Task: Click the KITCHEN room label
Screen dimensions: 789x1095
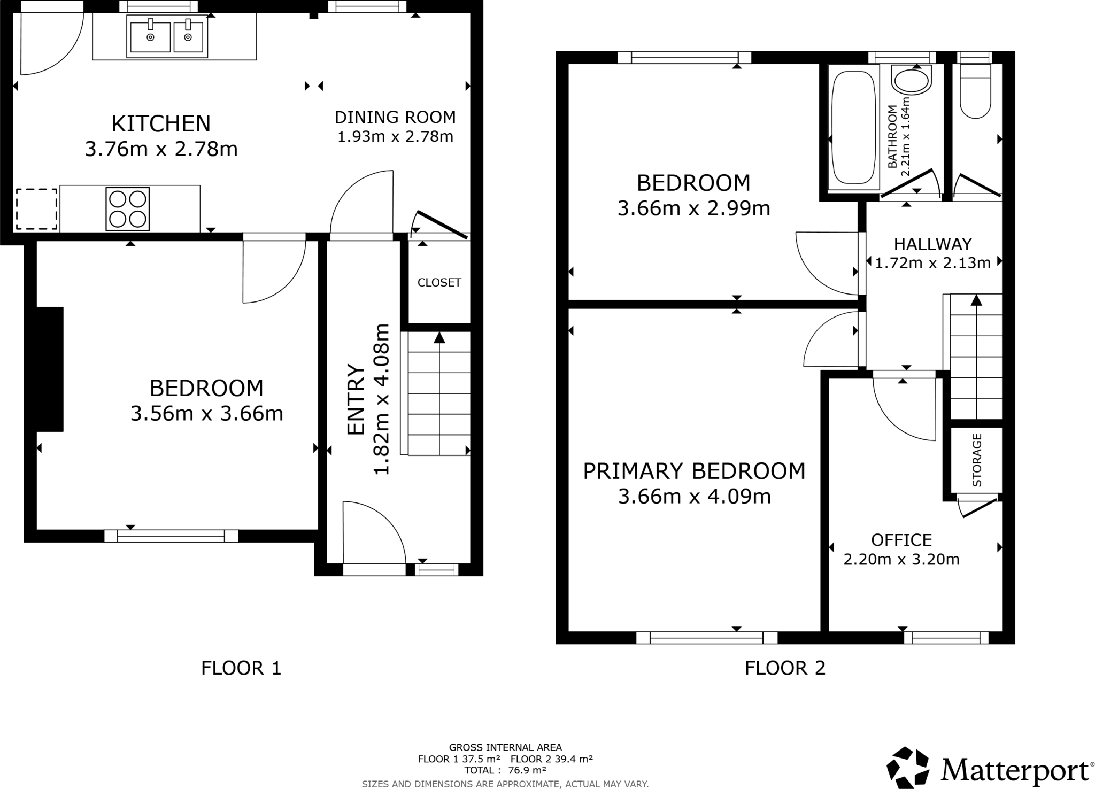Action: click(161, 123)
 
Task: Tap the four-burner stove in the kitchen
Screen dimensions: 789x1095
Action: click(127, 209)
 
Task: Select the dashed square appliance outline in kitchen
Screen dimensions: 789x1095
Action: click(36, 209)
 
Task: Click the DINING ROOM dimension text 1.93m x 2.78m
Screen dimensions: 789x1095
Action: click(395, 137)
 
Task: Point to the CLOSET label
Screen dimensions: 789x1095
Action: click(439, 282)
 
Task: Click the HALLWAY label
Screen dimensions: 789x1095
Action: click(932, 244)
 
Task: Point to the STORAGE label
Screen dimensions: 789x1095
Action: click(977, 460)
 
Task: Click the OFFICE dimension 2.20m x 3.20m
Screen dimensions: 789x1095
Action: click(901, 559)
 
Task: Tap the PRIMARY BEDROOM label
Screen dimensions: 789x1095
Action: click(694, 471)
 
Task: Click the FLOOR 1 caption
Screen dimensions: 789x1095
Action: click(241, 668)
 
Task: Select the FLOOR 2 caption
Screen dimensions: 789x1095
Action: click(785, 668)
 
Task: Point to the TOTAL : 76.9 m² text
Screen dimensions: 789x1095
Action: click(505, 770)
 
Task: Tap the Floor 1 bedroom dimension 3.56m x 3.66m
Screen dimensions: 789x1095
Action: click(206, 414)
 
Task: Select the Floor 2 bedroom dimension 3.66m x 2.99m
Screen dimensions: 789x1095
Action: click(693, 208)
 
